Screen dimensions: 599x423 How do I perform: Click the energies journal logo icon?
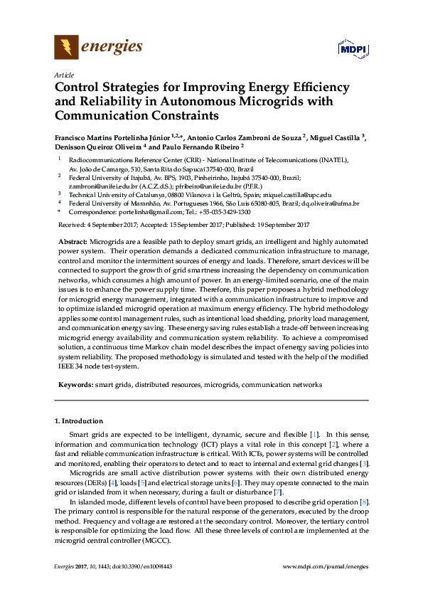[x=66, y=48]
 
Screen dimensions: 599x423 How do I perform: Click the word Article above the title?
[x=63, y=75]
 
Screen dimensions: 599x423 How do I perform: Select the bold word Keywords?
[x=75, y=384]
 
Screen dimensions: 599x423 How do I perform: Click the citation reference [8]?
[x=364, y=502]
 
